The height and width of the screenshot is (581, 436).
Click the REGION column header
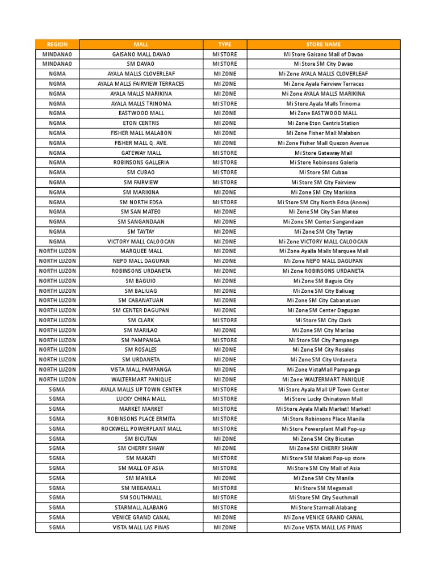tap(57, 44)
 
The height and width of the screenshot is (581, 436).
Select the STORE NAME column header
tap(324, 44)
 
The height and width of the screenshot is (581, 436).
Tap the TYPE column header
tap(225, 44)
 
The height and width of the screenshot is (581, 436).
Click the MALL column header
tap(141, 44)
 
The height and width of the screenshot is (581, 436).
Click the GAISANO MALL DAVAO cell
tap(141, 54)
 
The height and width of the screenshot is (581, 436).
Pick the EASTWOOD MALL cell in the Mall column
tap(141, 113)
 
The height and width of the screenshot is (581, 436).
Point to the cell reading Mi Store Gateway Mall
tap(324, 153)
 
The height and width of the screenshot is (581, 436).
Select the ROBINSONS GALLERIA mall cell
tap(141, 163)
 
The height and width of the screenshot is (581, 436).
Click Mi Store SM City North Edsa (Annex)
tap(324, 202)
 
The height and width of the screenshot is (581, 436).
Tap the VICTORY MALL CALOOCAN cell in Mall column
tap(141, 242)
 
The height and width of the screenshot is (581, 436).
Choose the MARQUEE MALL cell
tap(141, 251)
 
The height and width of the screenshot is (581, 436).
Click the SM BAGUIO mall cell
tap(141, 281)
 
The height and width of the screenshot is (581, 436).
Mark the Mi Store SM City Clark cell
tap(324, 321)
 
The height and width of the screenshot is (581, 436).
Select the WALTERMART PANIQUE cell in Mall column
tap(141, 380)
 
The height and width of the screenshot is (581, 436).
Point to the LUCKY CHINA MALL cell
tap(141, 399)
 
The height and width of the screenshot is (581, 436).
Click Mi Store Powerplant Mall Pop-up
tap(324, 429)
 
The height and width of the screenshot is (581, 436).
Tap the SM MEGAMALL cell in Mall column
tap(141, 488)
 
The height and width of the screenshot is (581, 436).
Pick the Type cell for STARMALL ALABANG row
tap(225, 508)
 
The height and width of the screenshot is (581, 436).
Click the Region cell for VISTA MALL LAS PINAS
tap(57, 528)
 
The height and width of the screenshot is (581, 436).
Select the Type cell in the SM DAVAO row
tap(225, 64)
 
